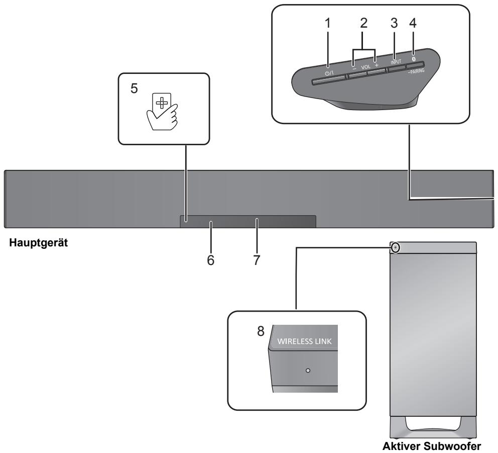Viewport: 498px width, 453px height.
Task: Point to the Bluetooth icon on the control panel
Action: [x=413, y=58]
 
